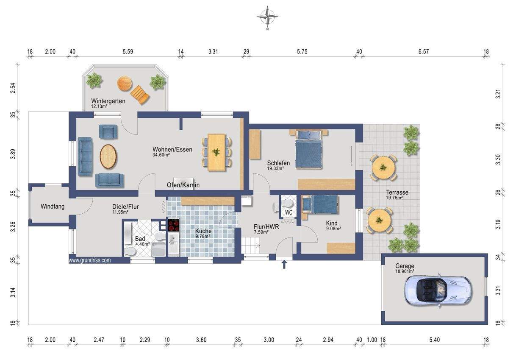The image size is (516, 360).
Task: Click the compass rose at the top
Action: [267, 17]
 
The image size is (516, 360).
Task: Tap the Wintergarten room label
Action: [108, 101]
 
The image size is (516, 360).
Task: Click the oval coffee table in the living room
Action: [108, 156]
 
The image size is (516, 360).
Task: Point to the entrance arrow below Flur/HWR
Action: [284, 265]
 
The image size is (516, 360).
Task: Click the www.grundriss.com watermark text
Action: [90, 260]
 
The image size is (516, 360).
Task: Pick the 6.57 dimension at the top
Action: [424, 51]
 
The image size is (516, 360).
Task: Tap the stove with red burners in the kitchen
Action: [174, 225]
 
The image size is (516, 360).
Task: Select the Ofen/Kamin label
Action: [183, 185]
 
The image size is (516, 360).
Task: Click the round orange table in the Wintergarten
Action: [125, 84]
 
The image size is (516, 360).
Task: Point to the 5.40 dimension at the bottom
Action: [435, 340]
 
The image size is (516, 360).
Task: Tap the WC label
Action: [289, 212]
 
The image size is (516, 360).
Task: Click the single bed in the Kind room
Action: [320, 204]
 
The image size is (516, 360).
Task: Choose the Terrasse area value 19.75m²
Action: [394, 198]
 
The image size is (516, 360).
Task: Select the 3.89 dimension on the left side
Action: [14, 154]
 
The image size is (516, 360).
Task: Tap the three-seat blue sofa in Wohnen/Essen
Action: [85, 156]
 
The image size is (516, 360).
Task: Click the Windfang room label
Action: [53, 207]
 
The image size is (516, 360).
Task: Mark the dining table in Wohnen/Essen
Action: [216, 153]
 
